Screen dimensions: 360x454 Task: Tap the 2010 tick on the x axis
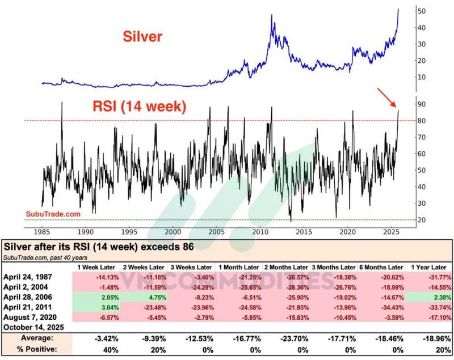260,232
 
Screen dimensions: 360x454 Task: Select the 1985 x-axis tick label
42,232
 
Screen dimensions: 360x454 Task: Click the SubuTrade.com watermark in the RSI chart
53,214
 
